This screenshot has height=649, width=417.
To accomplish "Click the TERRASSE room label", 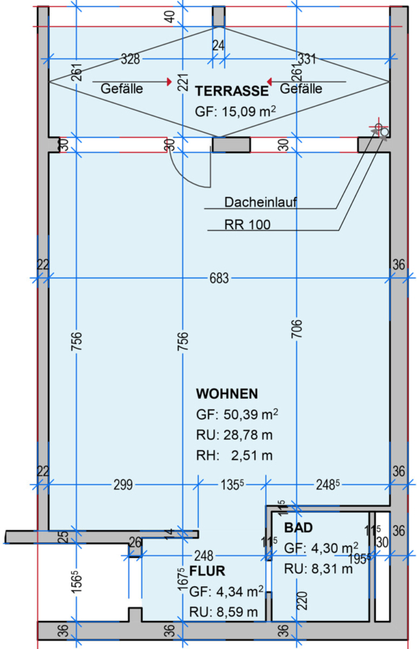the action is pyautogui.click(x=232, y=91).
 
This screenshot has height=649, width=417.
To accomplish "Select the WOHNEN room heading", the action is pyautogui.click(x=227, y=394).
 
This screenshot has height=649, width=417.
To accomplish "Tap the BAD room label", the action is pyautogui.click(x=298, y=528).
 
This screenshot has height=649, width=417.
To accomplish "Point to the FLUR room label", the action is pyautogui.click(x=207, y=571).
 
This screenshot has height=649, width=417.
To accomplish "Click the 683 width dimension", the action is pyautogui.click(x=219, y=278).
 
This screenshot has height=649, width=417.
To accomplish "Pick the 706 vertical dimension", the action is pyautogui.click(x=297, y=329).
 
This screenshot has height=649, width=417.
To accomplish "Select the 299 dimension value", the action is pyautogui.click(x=123, y=485).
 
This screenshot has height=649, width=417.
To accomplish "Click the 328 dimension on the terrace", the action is pyautogui.click(x=130, y=59).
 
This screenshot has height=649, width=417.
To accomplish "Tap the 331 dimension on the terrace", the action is pyautogui.click(x=307, y=59).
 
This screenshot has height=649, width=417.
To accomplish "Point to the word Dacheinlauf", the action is pyautogui.click(x=261, y=202).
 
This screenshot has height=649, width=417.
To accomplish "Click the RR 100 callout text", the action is pyautogui.click(x=248, y=224).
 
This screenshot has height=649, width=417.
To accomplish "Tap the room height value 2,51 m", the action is pyautogui.click(x=251, y=456).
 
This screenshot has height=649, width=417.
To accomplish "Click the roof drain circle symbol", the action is pyautogui.click(x=385, y=133).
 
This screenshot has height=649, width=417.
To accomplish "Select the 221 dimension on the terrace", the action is pyautogui.click(x=183, y=82).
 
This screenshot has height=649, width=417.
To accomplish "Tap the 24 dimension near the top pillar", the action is pyautogui.click(x=219, y=45).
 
